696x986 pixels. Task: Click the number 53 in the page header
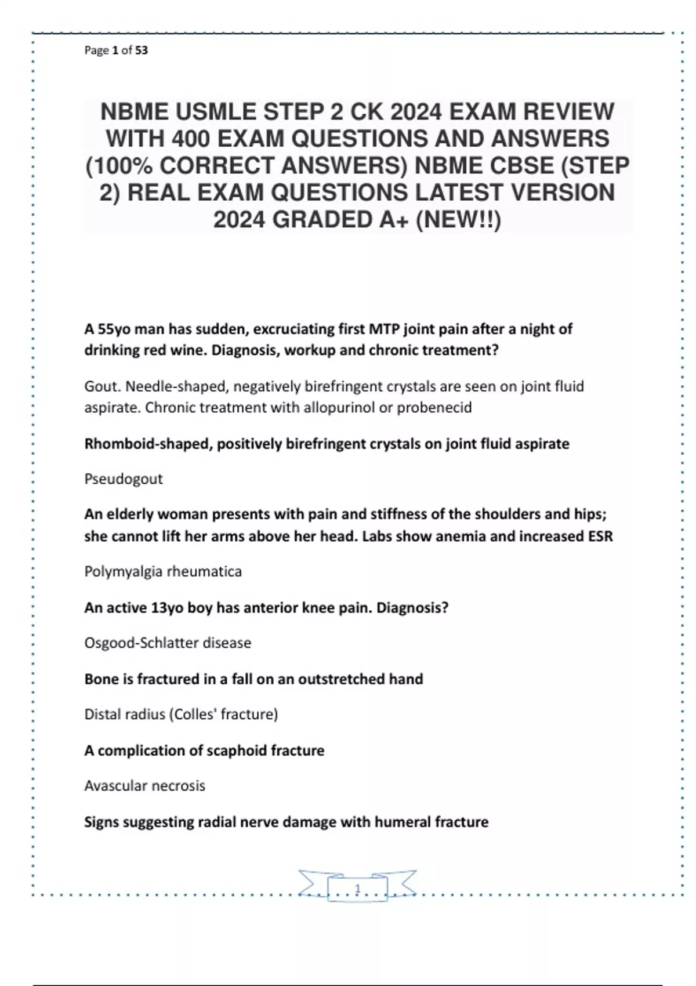tap(142, 50)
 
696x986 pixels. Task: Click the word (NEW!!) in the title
tap(458, 220)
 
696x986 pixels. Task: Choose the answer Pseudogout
tap(124, 479)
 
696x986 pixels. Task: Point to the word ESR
tap(600, 536)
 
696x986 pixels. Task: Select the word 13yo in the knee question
tap(167, 608)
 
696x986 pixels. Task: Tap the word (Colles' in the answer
tap(193, 714)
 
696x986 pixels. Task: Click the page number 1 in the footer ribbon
tap(357, 889)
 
